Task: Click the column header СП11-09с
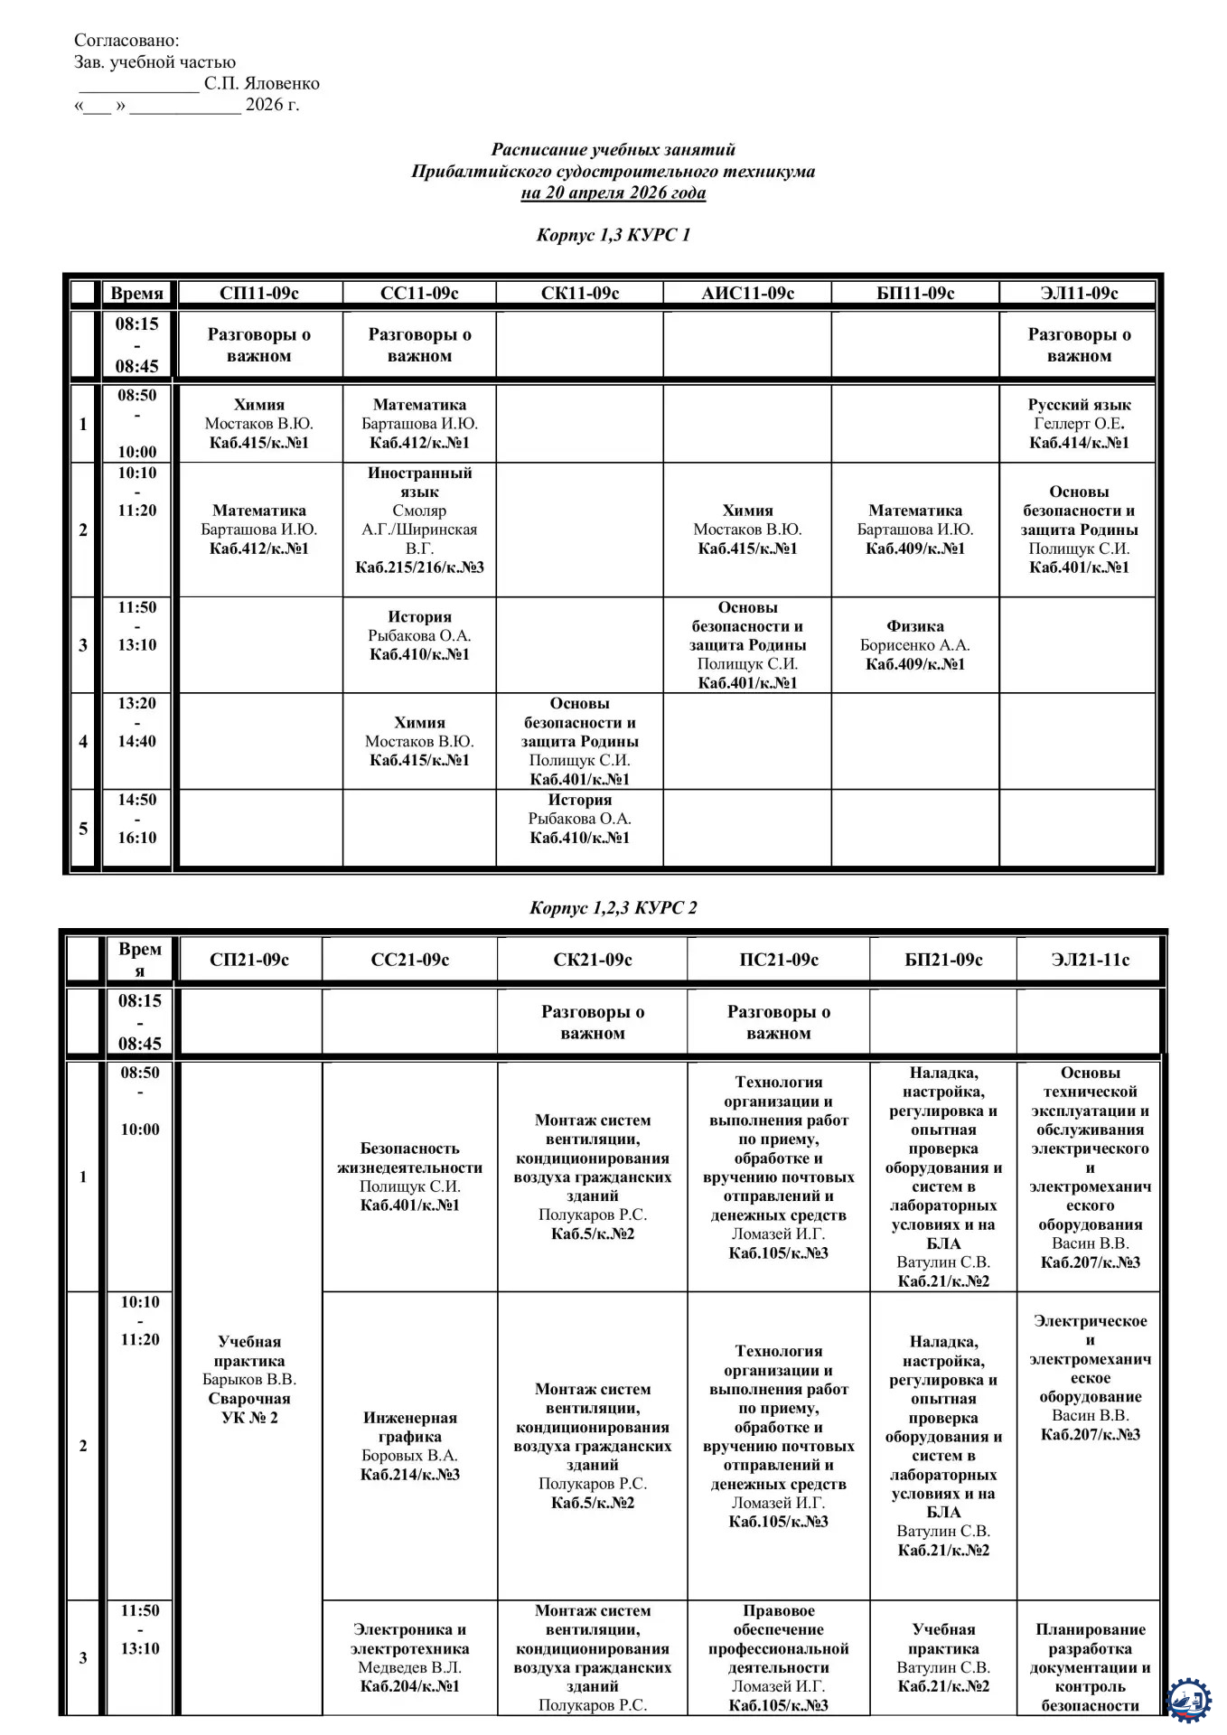(259, 293)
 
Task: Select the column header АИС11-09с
(747, 293)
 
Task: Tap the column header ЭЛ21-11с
(1090, 960)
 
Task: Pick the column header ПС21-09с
(778, 960)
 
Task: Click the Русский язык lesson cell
(1079, 423)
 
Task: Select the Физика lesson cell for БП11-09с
(914, 644)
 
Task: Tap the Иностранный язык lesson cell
(419, 520)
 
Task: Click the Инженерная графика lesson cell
(409, 1446)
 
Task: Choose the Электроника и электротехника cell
(409, 1657)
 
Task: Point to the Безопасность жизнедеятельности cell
(409, 1177)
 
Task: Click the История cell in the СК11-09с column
(579, 819)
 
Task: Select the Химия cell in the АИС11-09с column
(747, 530)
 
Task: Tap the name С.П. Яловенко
(262, 83)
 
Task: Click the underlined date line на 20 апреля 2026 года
(613, 192)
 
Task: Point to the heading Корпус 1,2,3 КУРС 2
(613, 907)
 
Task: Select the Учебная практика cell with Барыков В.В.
(249, 1379)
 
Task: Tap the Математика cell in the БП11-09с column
(914, 530)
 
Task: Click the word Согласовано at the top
(126, 40)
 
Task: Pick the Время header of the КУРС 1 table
(136, 293)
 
